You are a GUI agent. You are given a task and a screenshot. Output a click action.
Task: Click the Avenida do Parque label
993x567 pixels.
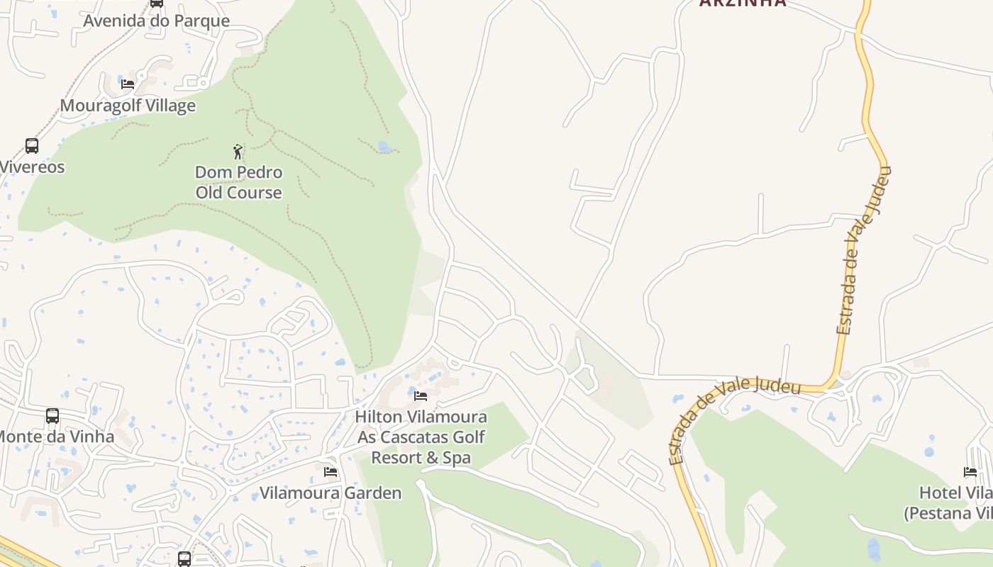click(x=156, y=21)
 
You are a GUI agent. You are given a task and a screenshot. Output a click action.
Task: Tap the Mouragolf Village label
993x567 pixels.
click(x=128, y=106)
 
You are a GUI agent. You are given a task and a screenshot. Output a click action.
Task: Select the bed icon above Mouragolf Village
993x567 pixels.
click(x=128, y=84)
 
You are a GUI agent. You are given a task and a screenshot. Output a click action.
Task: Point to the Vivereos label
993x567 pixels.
click(x=33, y=167)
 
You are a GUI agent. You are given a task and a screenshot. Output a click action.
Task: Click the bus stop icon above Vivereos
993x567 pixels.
click(x=32, y=146)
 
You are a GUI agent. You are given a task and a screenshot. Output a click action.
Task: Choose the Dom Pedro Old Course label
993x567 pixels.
click(x=238, y=182)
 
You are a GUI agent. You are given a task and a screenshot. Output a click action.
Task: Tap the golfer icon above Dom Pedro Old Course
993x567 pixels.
click(x=238, y=151)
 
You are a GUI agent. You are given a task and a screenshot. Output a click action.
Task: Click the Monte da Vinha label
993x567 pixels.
click(x=57, y=436)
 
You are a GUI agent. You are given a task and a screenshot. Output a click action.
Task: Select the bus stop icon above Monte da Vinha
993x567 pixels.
click(x=52, y=415)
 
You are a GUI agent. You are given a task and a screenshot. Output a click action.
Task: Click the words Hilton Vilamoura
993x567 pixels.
click(x=421, y=417)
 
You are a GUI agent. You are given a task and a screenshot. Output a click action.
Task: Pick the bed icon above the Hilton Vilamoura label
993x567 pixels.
click(x=421, y=395)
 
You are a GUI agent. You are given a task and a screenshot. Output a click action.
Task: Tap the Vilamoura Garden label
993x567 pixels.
click(x=331, y=493)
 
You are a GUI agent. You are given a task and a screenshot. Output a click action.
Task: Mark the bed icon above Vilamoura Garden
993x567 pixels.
click(x=331, y=471)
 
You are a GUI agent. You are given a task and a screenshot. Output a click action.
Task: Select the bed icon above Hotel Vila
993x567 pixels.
click(x=970, y=471)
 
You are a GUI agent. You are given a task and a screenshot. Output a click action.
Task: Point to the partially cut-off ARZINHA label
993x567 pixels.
click(x=743, y=3)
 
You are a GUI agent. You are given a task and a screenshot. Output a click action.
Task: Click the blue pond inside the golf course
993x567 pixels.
click(x=384, y=147)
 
